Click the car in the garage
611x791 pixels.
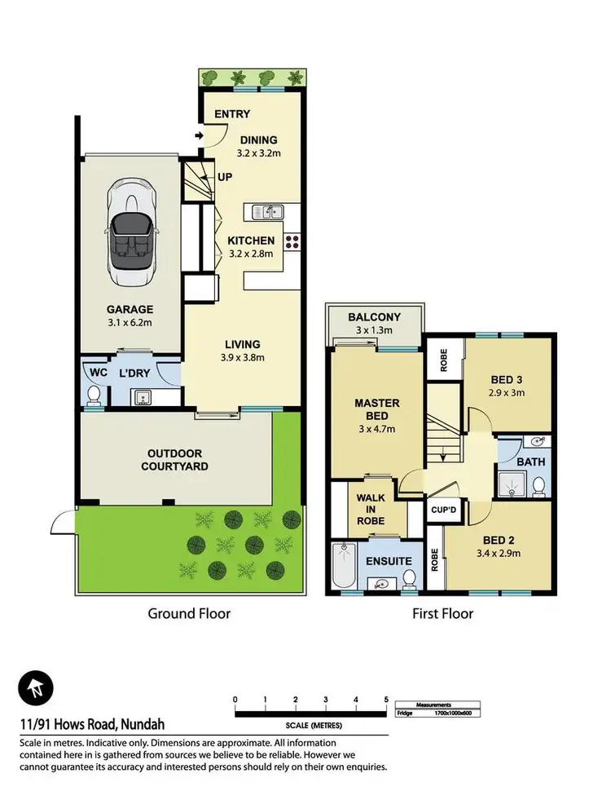click(x=130, y=237)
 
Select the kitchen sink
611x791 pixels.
click(x=266, y=212)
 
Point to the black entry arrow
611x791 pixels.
click(x=199, y=135)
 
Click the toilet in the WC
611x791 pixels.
click(x=94, y=396)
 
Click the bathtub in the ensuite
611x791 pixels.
click(x=343, y=568)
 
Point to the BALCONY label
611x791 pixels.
click(x=374, y=317)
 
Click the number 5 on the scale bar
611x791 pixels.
click(x=385, y=699)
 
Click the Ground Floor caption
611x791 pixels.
click(x=188, y=613)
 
